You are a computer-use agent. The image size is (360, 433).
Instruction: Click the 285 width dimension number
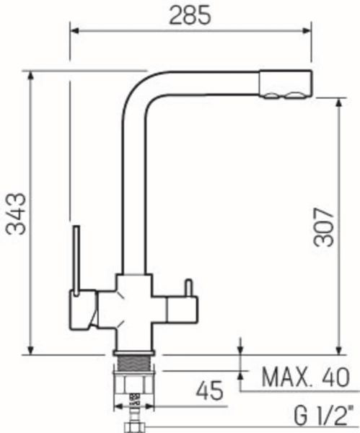pyautogui.click(x=190, y=15)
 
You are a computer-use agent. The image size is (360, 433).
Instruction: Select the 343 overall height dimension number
pyautogui.click(x=17, y=214)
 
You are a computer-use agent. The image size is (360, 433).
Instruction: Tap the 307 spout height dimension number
pyautogui.click(x=324, y=227)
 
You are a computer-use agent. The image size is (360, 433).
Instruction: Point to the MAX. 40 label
pyautogui.click(x=306, y=377)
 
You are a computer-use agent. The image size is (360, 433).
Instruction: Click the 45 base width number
pyautogui.click(x=209, y=390)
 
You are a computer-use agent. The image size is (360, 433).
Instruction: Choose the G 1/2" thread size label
pyautogui.click(x=323, y=414)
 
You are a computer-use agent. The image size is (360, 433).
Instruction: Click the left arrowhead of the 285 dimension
pyautogui.click(x=75, y=30)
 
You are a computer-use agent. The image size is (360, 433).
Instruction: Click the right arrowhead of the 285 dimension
pyautogui.click(x=307, y=30)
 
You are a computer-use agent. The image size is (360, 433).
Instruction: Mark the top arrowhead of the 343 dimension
pyautogui.click(x=31, y=76)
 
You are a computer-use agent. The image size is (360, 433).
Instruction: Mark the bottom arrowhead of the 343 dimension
pyautogui.click(x=31, y=350)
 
